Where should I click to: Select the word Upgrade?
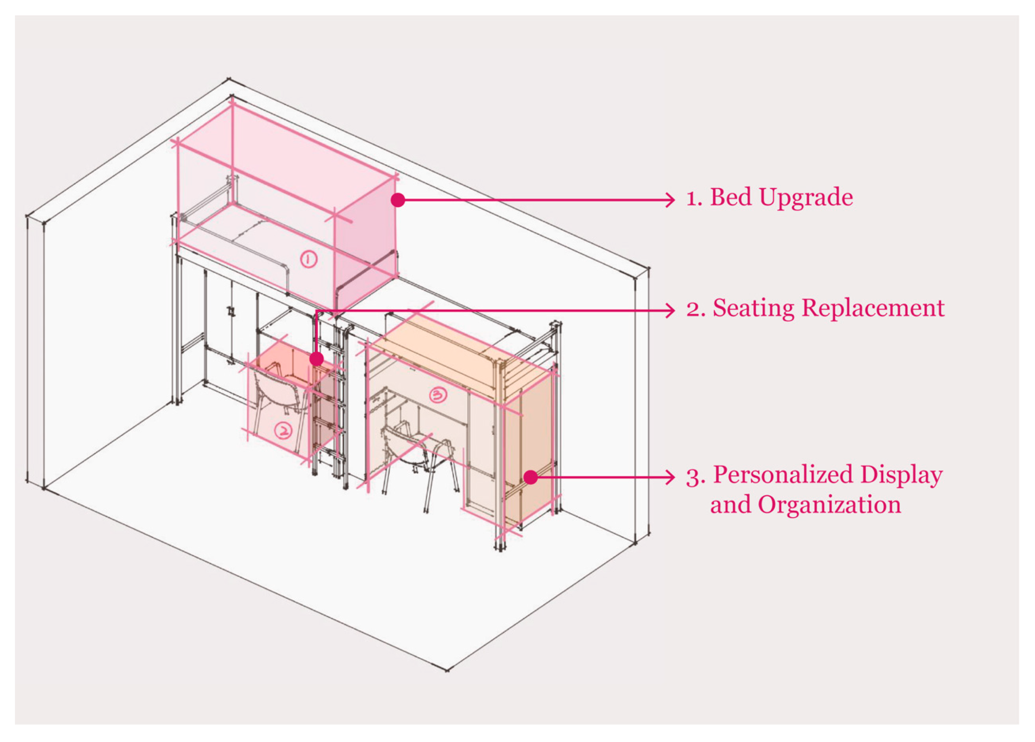coord(806,198)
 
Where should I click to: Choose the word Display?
coord(902,476)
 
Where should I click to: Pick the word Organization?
coord(829,505)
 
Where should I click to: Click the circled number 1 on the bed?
coord(308,260)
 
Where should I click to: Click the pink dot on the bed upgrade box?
coord(398,200)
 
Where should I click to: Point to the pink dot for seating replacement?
coord(316,360)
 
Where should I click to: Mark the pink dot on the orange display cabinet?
coord(530,477)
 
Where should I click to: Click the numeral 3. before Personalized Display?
coord(695,477)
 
